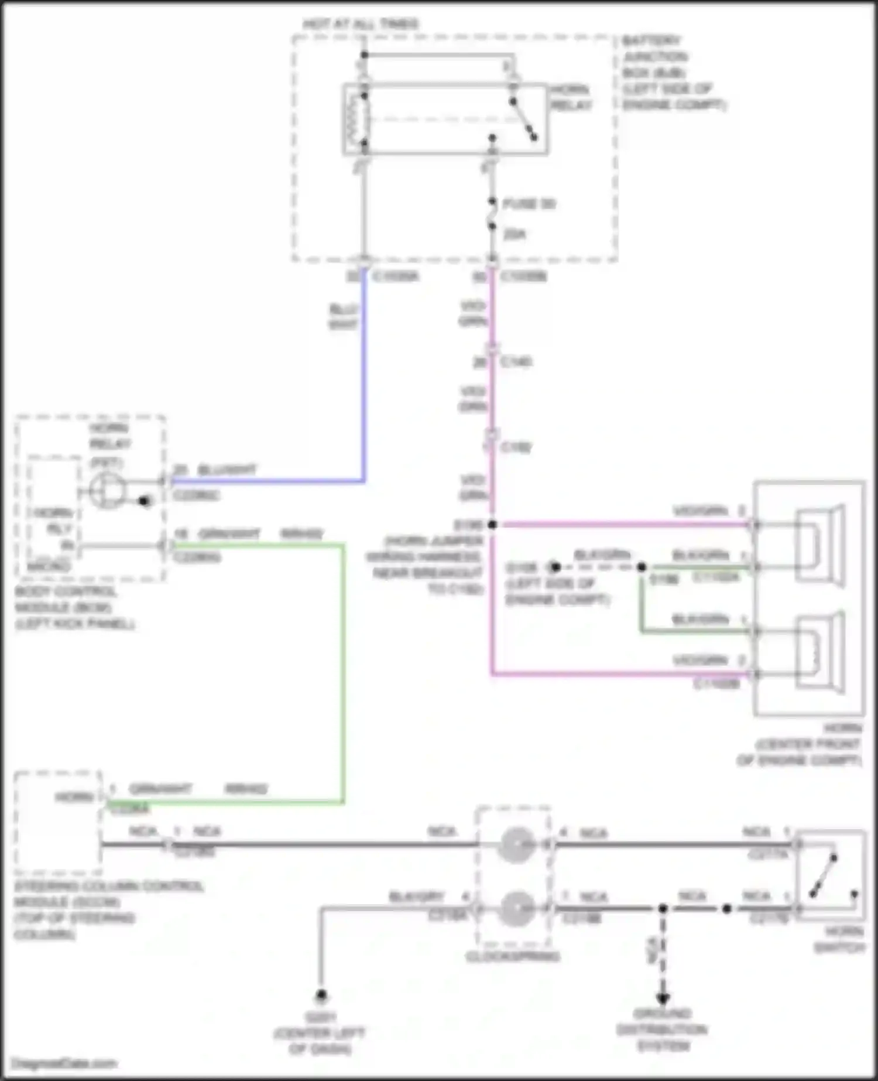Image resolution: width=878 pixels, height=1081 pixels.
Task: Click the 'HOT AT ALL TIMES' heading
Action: point(361,24)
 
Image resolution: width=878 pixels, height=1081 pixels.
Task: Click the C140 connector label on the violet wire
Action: point(516,362)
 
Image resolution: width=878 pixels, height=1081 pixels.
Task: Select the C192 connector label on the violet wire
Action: point(516,447)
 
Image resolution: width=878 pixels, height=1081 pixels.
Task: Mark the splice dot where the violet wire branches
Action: point(492,525)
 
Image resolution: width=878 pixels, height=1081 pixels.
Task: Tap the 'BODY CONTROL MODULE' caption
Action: point(74,607)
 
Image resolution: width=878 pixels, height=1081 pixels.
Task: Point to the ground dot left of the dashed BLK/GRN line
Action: point(555,567)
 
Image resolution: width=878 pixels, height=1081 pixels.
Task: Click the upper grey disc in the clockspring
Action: point(516,844)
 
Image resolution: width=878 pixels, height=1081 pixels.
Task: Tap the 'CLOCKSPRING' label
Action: point(513,957)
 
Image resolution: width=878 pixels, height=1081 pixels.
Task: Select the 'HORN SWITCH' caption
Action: point(839,939)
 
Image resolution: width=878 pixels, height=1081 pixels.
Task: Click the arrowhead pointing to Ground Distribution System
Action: point(663,998)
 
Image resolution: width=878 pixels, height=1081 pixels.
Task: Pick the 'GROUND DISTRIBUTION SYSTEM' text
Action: point(663,1029)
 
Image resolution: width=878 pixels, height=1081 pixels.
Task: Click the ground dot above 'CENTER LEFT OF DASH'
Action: point(321,995)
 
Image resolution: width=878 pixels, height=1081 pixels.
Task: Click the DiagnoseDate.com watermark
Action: point(64,1063)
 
